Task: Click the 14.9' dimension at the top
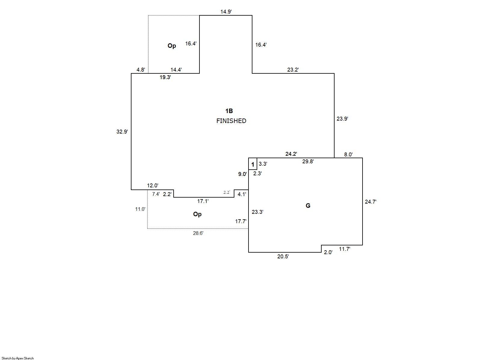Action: click(x=226, y=12)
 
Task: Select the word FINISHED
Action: click(x=231, y=121)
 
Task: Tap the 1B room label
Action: click(x=229, y=111)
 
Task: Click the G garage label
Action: click(x=308, y=206)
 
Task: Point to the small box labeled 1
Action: click(x=253, y=164)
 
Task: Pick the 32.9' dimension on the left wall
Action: click(x=122, y=131)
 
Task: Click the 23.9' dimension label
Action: click(x=342, y=119)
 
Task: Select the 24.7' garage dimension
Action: click(x=370, y=202)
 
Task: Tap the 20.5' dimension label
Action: click(x=283, y=257)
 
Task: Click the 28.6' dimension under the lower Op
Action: click(x=198, y=233)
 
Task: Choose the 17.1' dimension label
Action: click(x=203, y=201)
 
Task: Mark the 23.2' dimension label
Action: click(x=293, y=70)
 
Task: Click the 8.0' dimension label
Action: click(x=348, y=155)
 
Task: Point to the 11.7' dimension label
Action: click(x=344, y=249)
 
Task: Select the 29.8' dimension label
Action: click(x=308, y=162)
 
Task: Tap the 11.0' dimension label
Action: click(x=140, y=209)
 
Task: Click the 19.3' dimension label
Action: click(x=165, y=77)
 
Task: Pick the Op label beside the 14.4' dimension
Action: click(x=172, y=46)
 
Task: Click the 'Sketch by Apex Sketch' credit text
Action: click(x=18, y=358)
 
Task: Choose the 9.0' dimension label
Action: click(x=242, y=174)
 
